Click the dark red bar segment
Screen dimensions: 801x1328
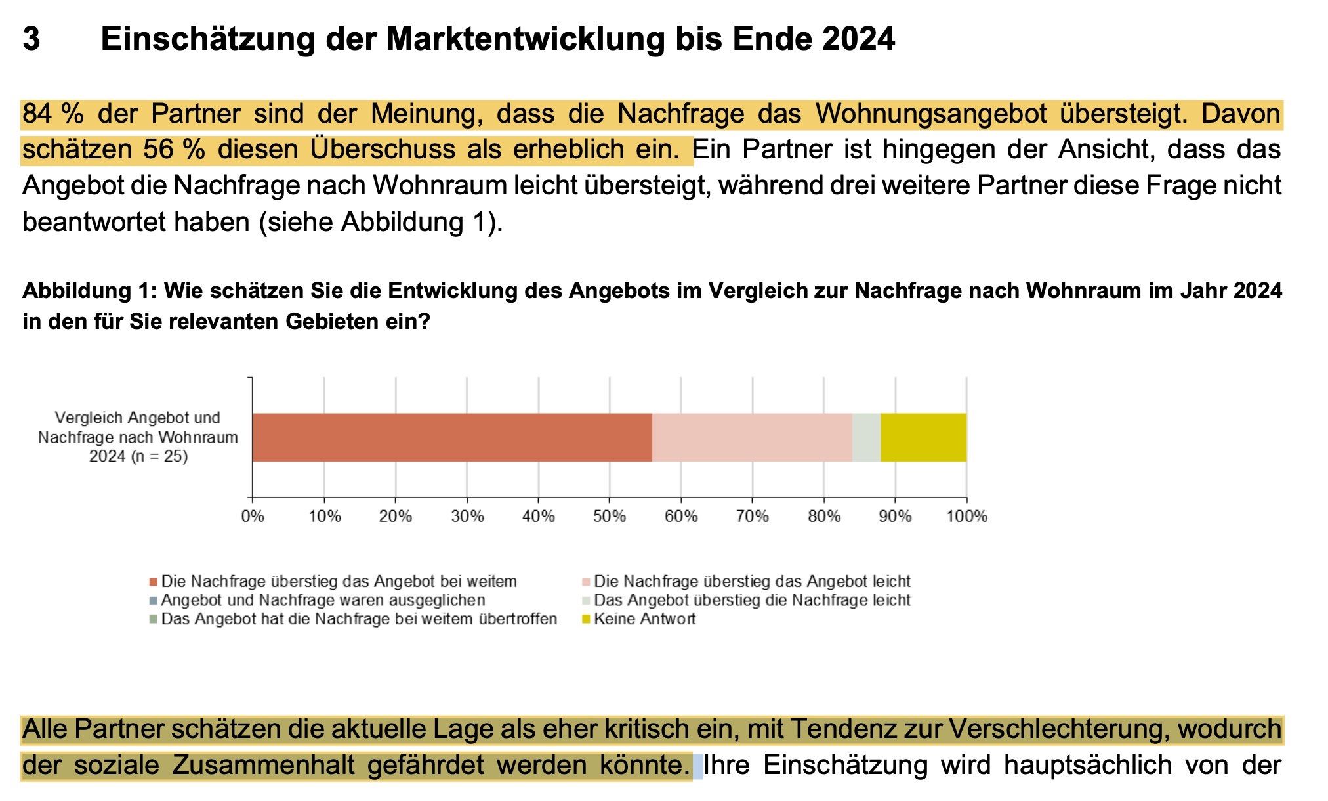click(452, 437)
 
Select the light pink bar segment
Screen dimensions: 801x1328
click(752, 437)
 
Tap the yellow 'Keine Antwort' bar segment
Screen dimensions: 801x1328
click(923, 437)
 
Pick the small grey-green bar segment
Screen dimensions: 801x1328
click(866, 437)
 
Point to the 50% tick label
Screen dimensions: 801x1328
click(609, 517)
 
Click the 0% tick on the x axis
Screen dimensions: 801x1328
click(253, 517)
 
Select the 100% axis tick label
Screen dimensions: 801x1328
click(966, 517)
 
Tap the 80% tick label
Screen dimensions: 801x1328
click(824, 517)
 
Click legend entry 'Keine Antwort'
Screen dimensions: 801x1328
click(644, 619)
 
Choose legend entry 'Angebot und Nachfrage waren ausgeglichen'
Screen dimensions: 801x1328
click(323, 600)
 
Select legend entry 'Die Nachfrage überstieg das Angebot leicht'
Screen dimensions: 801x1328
click(752, 582)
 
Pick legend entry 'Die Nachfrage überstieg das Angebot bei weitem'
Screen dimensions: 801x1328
click(339, 582)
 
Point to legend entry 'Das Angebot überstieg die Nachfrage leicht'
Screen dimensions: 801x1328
click(752, 600)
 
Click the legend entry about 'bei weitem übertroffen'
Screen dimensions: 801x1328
click(359, 619)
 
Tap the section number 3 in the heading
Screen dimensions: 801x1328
click(31, 39)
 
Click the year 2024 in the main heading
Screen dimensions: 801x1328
click(858, 39)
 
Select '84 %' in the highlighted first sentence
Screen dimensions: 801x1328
click(52, 114)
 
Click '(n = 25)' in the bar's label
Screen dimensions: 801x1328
click(159, 456)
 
